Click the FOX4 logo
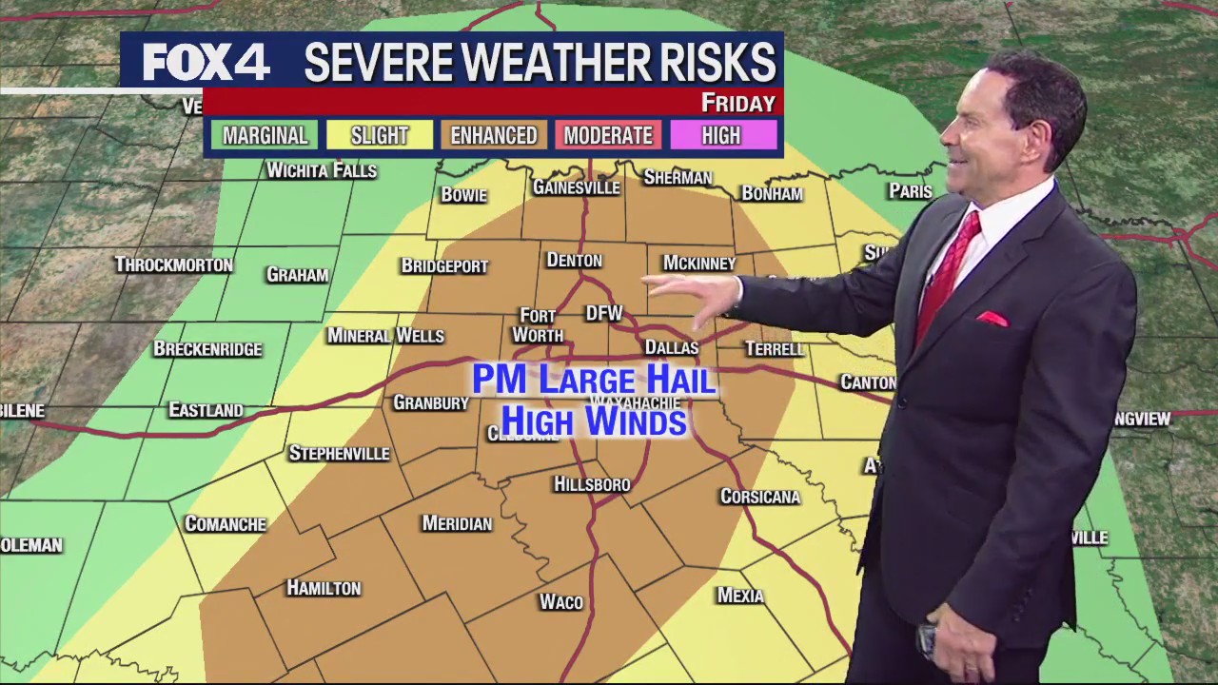tap(206, 63)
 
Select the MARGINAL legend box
tap(265, 135)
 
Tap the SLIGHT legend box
tap(379, 135)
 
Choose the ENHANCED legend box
tap(493, 135)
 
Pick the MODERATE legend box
tap(608, 135)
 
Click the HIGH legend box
tap(721, 135)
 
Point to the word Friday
tap(737, 103)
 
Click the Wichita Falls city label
tap(322, 170)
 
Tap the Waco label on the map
tap(560, 602)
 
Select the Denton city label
tap(574, 260)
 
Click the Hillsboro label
tap(592, 484)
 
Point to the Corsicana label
tap(759, 497)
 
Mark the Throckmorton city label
tap(173, 264)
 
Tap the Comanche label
tap(226, 524)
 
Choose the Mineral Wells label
tap(385, 336)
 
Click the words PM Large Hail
tap(594, 380)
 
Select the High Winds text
tap(594, 421)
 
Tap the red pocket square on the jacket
tap(991, 319)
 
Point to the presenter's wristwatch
tap(927, 638)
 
